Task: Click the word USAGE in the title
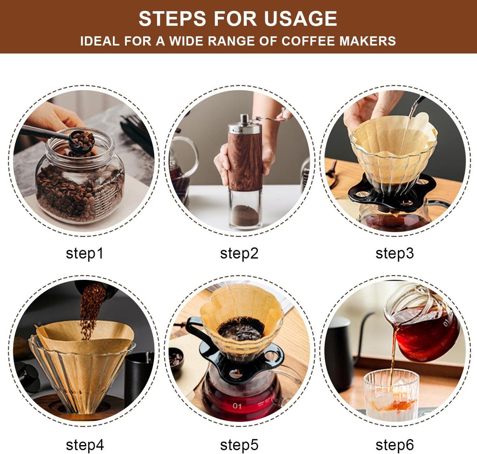coord(300,19)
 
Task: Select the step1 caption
coord(85,253)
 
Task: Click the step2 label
coord(239,253)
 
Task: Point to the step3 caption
coord(394,253)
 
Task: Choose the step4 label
coord(85,445)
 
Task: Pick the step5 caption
coord(239,445)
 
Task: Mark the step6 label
coord(394,445)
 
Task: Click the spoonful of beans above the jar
coord(83,139)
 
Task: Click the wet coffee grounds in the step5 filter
coord(241,328)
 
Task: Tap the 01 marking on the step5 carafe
coord(237,406)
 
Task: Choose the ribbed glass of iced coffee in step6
coord(391,395)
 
